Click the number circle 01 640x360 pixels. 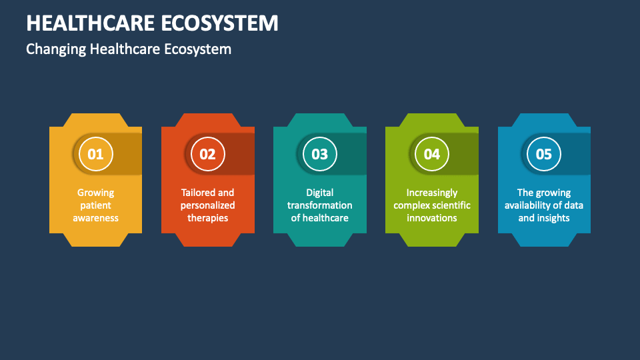tap(95, 154)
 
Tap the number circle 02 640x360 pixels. tap(207, 154)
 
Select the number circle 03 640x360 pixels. tap(319, 154)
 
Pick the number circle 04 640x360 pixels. tap(432, 154)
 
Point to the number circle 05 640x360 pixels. tap(544, 154)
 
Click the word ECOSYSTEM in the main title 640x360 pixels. tap(219, 23)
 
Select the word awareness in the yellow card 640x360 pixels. tap(95, 218)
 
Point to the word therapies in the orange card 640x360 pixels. tap(207, 218)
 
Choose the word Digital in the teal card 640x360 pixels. tap(319, 193)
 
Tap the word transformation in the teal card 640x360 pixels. tap(319, 205)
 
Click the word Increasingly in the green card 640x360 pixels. tap(432, 193)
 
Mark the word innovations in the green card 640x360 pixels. tap(432, 218)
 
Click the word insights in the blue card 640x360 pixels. tap(553, 218)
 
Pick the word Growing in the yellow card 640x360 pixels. tap(95, 193)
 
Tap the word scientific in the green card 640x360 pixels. tap(450, 205)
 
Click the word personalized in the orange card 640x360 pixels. tap(207, 205)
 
